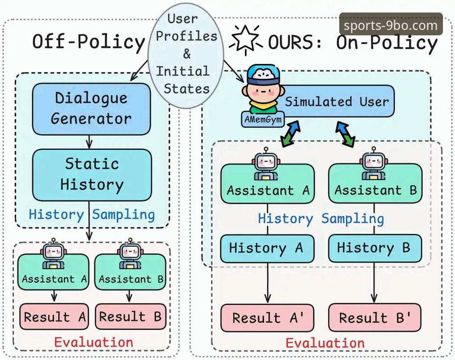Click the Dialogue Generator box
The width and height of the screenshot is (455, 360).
click(92, 109)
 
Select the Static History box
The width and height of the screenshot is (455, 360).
click(92, 175)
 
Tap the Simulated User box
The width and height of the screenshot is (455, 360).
click(334, 101)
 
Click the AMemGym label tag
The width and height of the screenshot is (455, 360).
click(263, 119)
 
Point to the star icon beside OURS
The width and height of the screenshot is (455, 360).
click(245, 39)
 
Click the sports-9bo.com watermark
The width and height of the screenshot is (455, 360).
click(391, 25)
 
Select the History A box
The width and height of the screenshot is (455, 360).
click(267, 249)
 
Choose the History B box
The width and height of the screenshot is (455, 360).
click(375, 249)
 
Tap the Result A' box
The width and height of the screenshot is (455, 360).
click(267, 318)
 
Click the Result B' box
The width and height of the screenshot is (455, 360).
click(375, 318)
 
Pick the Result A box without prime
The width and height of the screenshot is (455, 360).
click(54, 317)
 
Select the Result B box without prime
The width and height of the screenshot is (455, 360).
click(131, 317)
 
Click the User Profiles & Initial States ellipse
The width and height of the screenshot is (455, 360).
click(186, 55)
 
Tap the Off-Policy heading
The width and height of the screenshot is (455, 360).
click(88, 42)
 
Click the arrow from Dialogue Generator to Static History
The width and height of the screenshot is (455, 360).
click(89, 142)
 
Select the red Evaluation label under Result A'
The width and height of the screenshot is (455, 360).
click(325, 343)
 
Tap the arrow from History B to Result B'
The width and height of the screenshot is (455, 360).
click(375, 283)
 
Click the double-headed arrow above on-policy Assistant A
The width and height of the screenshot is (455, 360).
click(290, 134)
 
